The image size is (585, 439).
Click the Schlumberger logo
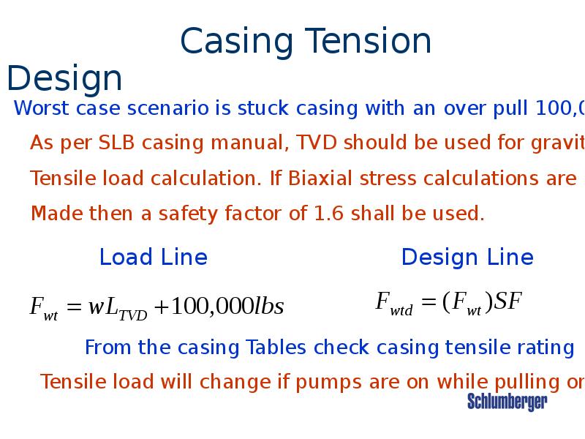[x=507, y=401]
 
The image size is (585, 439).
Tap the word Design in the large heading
[x=64, y=79]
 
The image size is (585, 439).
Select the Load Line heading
[x=153, y=258]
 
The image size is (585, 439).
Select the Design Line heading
[x=467, y=258]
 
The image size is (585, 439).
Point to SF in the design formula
[x=508, y=301]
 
